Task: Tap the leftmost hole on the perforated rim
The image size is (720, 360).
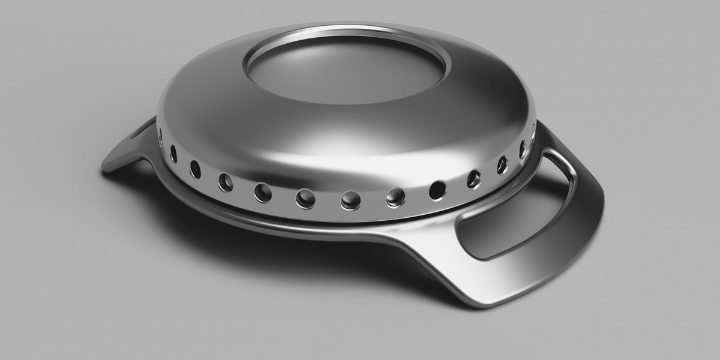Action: (160, 138)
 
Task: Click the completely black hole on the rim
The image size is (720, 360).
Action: (437, 190)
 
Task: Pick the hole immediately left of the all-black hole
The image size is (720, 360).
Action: (395, 197)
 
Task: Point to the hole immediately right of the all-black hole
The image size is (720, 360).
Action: (474, 178)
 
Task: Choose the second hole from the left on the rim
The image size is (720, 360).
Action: (173, 154)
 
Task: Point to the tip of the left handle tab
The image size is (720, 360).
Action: (108, 166)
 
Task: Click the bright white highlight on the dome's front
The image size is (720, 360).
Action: (336, 141)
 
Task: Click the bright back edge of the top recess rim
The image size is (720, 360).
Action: (348, 30)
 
